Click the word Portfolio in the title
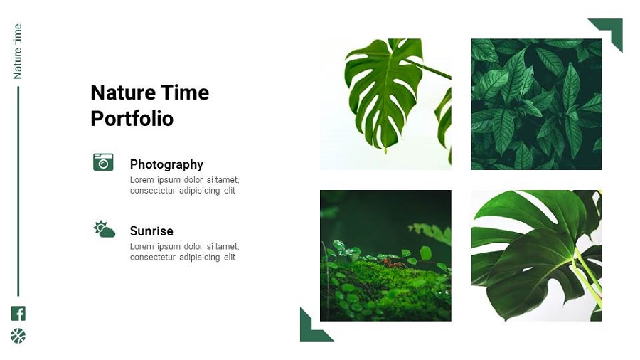[132, 118]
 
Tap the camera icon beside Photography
[103, 162]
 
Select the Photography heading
[166, 164]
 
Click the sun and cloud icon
[105, 229]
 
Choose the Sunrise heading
[151, 231]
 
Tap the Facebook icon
[18, 313]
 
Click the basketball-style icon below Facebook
[18, 336]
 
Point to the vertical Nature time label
[18, 51]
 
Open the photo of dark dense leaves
[536, 104]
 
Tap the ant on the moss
[390, 263]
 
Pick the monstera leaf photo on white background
[385, 104]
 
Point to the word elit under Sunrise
[229, 257]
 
